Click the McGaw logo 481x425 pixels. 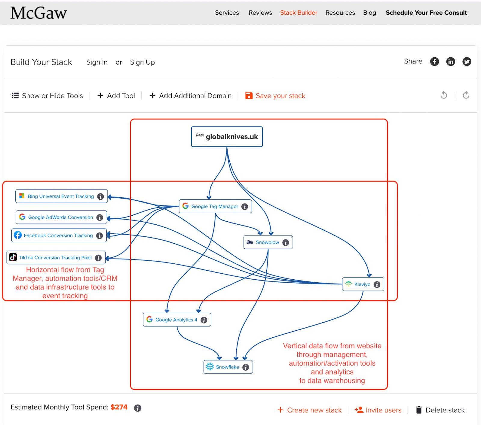coord(38,13)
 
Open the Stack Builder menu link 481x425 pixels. coord(299,13)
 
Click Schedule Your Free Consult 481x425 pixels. coord(426,13)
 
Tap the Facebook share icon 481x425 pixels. coord(434,62)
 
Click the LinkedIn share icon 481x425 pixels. coord(451,62)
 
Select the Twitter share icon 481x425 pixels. coord(467,62)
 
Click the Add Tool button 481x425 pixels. coord(116,96)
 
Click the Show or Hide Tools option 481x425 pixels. coord(47,96)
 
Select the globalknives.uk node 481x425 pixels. coord(227,137)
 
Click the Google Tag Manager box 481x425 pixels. coord(215,206)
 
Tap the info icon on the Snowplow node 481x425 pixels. coord(286,242)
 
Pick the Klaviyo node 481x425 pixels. coord(363,284)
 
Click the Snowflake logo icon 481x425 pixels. coord(210,367)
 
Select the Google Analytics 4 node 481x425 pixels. coord(176,320)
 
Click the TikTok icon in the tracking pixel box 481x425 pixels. coord(13,257)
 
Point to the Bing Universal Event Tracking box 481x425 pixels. coord(61,196)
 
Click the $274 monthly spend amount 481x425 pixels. coord(119,407)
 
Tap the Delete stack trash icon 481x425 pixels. coord(419,410)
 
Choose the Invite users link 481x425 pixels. coord(378,410)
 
